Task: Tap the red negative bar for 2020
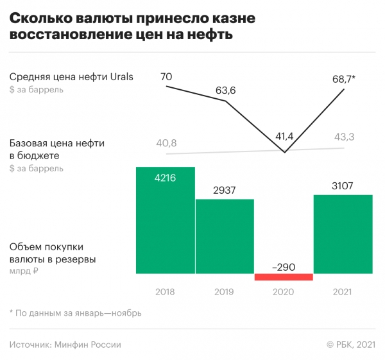(284, 277)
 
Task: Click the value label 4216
(166, 178)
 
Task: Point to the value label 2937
(225, 190)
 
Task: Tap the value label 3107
(343, 186)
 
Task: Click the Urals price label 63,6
(225, 90)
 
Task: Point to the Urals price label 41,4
(284, 135)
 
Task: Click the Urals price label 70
(166, 78)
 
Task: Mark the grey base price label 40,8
(166, 142)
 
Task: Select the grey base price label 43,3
(345, 137)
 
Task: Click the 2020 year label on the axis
(284, 292)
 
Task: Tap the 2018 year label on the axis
(166, 292)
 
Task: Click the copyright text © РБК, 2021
(350, 345)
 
